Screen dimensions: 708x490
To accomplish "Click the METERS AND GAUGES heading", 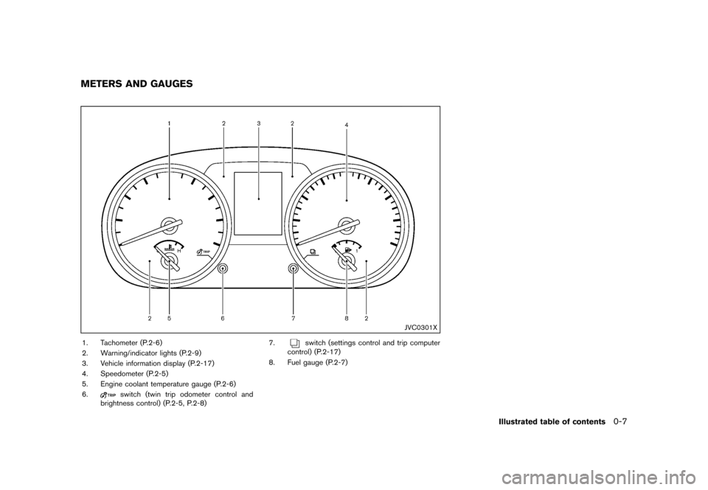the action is pyautogui.click(x=136, y=84).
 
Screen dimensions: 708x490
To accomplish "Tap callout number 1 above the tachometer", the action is pyautogui.click(x=170, y=123).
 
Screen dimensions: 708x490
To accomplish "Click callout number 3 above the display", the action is pyautogui.click(x=259, y=123).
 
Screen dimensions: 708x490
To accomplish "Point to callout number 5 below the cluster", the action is pyautogui.click(x=170, y=318).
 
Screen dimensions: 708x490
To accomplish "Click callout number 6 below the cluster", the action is pyautogui.click(x=223, y=318).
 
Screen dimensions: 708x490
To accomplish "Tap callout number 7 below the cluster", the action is pyautogui.click(x=294, y=318).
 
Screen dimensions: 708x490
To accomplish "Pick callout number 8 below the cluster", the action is pyautogui.click(x=347, y=318).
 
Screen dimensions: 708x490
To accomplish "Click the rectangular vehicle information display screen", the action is pyautogui.click(x=258, y=203).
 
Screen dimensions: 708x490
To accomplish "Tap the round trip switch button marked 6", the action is pyautogui.click(x=223, y=269).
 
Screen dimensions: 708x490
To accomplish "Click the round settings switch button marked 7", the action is pyautogui.click(x=294, y=269).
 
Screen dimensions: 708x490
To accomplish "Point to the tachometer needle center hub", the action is pyautogui.click(x=169, y=224).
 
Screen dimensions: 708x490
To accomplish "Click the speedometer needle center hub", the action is pyautogui.click(x=347, y=224).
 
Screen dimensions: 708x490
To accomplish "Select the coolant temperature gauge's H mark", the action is pyautogui.click(x=179, y=250).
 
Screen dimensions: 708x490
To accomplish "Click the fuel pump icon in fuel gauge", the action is pyautogui.click(x=347, y=249).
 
